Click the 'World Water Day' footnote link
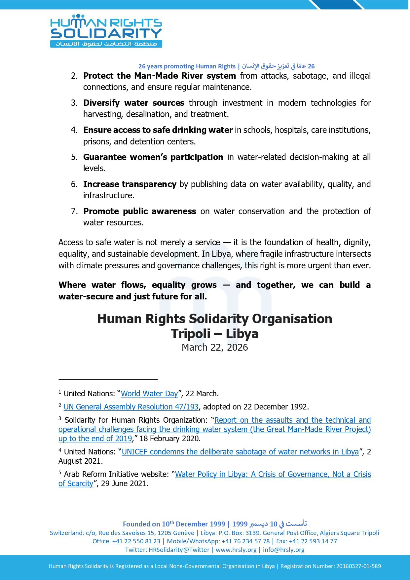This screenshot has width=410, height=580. (149, 394)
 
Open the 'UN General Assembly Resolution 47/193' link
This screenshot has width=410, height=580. (131, 407)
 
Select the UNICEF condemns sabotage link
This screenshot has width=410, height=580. (240, 452)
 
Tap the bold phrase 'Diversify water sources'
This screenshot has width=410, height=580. (133, 103)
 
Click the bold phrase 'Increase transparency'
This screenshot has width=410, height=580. (130, 184)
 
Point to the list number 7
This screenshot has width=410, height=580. (74, 211)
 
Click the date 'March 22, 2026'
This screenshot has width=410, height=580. (215, 347)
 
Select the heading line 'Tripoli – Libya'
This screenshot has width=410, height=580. (215, 333)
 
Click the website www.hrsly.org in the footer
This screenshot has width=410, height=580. (236, 550)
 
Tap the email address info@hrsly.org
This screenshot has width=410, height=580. (284, 550)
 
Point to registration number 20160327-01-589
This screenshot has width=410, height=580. (358, 566)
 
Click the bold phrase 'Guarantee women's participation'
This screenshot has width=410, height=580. (153, 157)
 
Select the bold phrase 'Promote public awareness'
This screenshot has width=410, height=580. (139, 211)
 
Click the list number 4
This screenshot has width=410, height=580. (74, 130)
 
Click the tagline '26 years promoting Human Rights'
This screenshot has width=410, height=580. (187, 66)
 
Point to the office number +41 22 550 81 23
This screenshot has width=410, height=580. (136, 541)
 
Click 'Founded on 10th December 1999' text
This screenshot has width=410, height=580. (174, 524)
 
